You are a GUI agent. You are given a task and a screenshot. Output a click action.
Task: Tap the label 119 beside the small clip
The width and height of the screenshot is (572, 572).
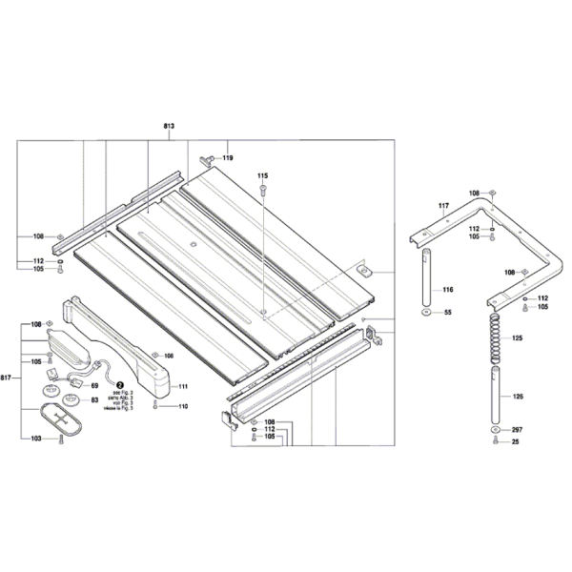(x=228, y=157)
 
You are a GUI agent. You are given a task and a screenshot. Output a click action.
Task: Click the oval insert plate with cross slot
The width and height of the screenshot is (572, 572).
(x=63, y=419)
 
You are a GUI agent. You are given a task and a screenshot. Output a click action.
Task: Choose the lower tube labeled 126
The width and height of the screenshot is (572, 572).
(x=495, y=396)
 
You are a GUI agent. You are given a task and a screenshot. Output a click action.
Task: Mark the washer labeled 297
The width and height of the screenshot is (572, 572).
(x=495, y=430)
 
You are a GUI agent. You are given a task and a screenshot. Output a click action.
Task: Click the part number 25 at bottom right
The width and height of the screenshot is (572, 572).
(x=517, y=441)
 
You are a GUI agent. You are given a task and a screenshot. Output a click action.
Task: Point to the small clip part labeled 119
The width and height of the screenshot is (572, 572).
(x=208, y=156)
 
